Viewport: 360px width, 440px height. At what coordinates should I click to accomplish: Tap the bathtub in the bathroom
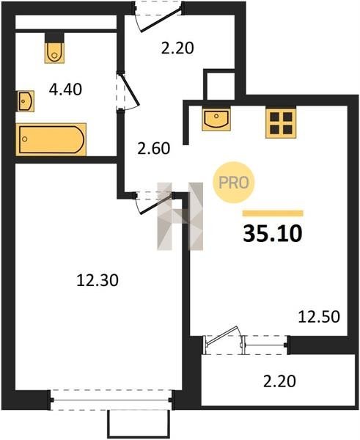(51, 139)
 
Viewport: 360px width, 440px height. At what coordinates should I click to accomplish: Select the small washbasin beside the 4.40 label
(25, 101)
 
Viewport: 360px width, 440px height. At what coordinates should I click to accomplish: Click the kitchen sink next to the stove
(216, 119)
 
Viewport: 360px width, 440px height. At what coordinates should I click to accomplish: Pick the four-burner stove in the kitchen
(281, 122)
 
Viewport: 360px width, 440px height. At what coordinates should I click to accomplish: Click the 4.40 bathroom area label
(65, 89)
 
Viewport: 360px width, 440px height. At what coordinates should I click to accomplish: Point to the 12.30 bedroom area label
(98, 280)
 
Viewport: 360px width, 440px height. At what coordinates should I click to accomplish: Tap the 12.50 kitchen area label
(319, 317)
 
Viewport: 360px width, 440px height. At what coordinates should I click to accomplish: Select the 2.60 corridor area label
(154, 148)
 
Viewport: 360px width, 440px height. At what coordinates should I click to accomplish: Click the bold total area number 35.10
(273, 234)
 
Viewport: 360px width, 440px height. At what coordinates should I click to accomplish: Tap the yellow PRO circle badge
(233, 183)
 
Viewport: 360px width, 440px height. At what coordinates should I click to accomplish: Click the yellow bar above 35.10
(273, 213)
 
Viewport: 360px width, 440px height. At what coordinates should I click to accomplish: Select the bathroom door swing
(128, 90)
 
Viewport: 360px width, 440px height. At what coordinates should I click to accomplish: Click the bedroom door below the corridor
(154, 202)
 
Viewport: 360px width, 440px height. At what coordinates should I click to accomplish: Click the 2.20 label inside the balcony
(279, 381)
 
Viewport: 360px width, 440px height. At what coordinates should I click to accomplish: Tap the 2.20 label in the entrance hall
(177, 48)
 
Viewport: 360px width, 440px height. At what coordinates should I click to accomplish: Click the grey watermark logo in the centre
(180, 216)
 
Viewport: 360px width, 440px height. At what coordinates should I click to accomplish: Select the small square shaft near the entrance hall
(220, 84)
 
